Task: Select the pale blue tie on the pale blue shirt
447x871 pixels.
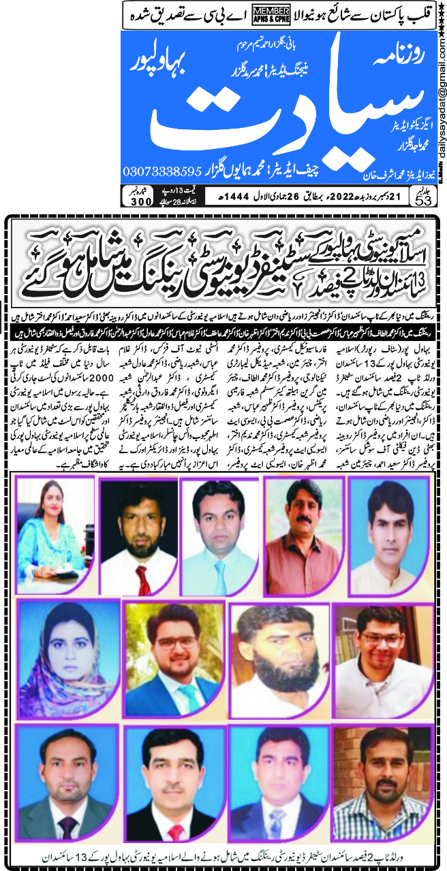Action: [x=221, y=569]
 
